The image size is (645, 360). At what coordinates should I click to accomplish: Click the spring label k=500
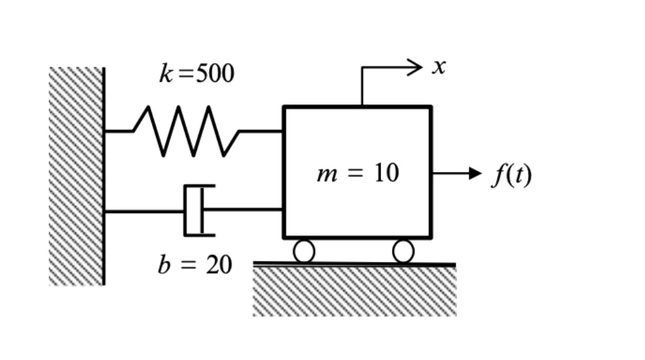[197, 74]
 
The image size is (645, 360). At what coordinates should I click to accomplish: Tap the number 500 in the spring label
[214, 74]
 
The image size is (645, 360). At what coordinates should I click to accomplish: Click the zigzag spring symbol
[186, 131]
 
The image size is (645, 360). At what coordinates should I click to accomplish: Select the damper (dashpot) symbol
[196, 211]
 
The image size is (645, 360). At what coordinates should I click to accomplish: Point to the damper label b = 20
[194, 265]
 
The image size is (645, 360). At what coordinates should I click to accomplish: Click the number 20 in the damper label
[219, 265]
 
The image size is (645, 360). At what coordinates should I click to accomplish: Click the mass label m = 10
[358, 173]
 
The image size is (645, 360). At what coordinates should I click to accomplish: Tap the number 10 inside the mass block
[386, 173]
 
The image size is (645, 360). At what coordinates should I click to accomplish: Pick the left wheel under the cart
[304, 251]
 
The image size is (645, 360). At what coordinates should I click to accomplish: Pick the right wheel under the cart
[403, 251]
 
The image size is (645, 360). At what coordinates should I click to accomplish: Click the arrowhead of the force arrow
[476, 173]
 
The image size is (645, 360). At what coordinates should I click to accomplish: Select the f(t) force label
[512, 174]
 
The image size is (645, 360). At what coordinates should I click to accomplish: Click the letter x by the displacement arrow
[439, 67]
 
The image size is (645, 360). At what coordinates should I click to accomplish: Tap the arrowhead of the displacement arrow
[416, 66]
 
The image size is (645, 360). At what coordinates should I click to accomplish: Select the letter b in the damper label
[164, 265]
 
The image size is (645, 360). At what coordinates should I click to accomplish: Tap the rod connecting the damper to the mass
[245, 210]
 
